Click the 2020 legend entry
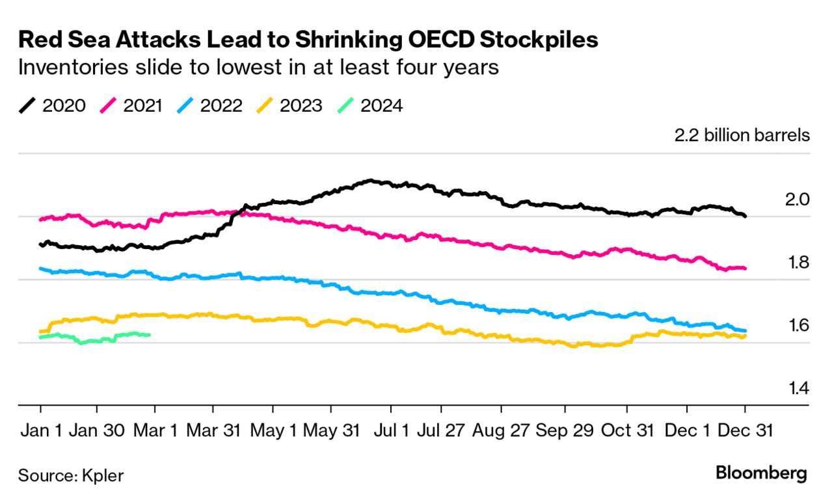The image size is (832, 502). tap(52, 105)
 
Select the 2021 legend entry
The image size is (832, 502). tap(132, 105)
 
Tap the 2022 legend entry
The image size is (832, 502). tap(211, 105)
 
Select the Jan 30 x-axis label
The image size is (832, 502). tap(98, 430)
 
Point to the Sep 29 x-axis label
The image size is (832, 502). tap(565, 430)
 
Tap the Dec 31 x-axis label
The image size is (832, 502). tap(745, 430)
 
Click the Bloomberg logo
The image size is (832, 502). tap(761, 473)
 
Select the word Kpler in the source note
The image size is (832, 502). tap(103, 475)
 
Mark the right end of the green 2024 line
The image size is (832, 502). tap(150, 335)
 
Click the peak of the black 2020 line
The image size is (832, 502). tap(371, 180)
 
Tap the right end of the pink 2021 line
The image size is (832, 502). tap(745, 268)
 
